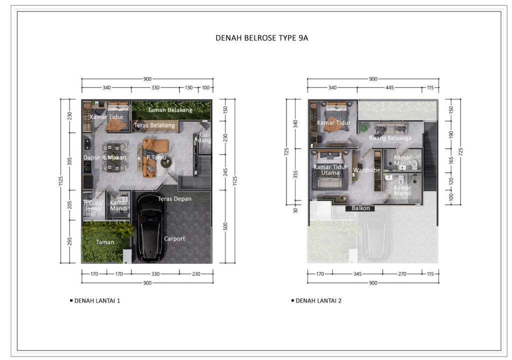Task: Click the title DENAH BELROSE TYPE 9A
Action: pyautogui.click(x=261, y=37)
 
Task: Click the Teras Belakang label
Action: pyautogui.click(x=154, y=125)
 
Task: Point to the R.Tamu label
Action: pyautogui.click(x=153, y=157)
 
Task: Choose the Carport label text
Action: pyautogui.click(x=174, y=238)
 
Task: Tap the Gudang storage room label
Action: pyautogui.click(x=205, y=137)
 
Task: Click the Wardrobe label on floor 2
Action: pyautogui.click(x=366, y=170)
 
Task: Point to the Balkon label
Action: pyautogui.click(x=360, y=208)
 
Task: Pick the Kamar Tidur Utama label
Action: pyautogui.click(x=326, y=170)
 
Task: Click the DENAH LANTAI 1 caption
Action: pyautogui.click(x=97, y=301)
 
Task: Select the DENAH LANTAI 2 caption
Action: pyautogui.click(x=318, y=301)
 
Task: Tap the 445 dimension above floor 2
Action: pyautogui.click(x=390, y=87)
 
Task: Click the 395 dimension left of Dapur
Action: pyautogui.click(x=70, y=161)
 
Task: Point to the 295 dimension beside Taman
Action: pyautogui.click(x=70, y=242)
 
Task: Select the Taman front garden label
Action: pyautogui.click(x=105, y=242)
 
